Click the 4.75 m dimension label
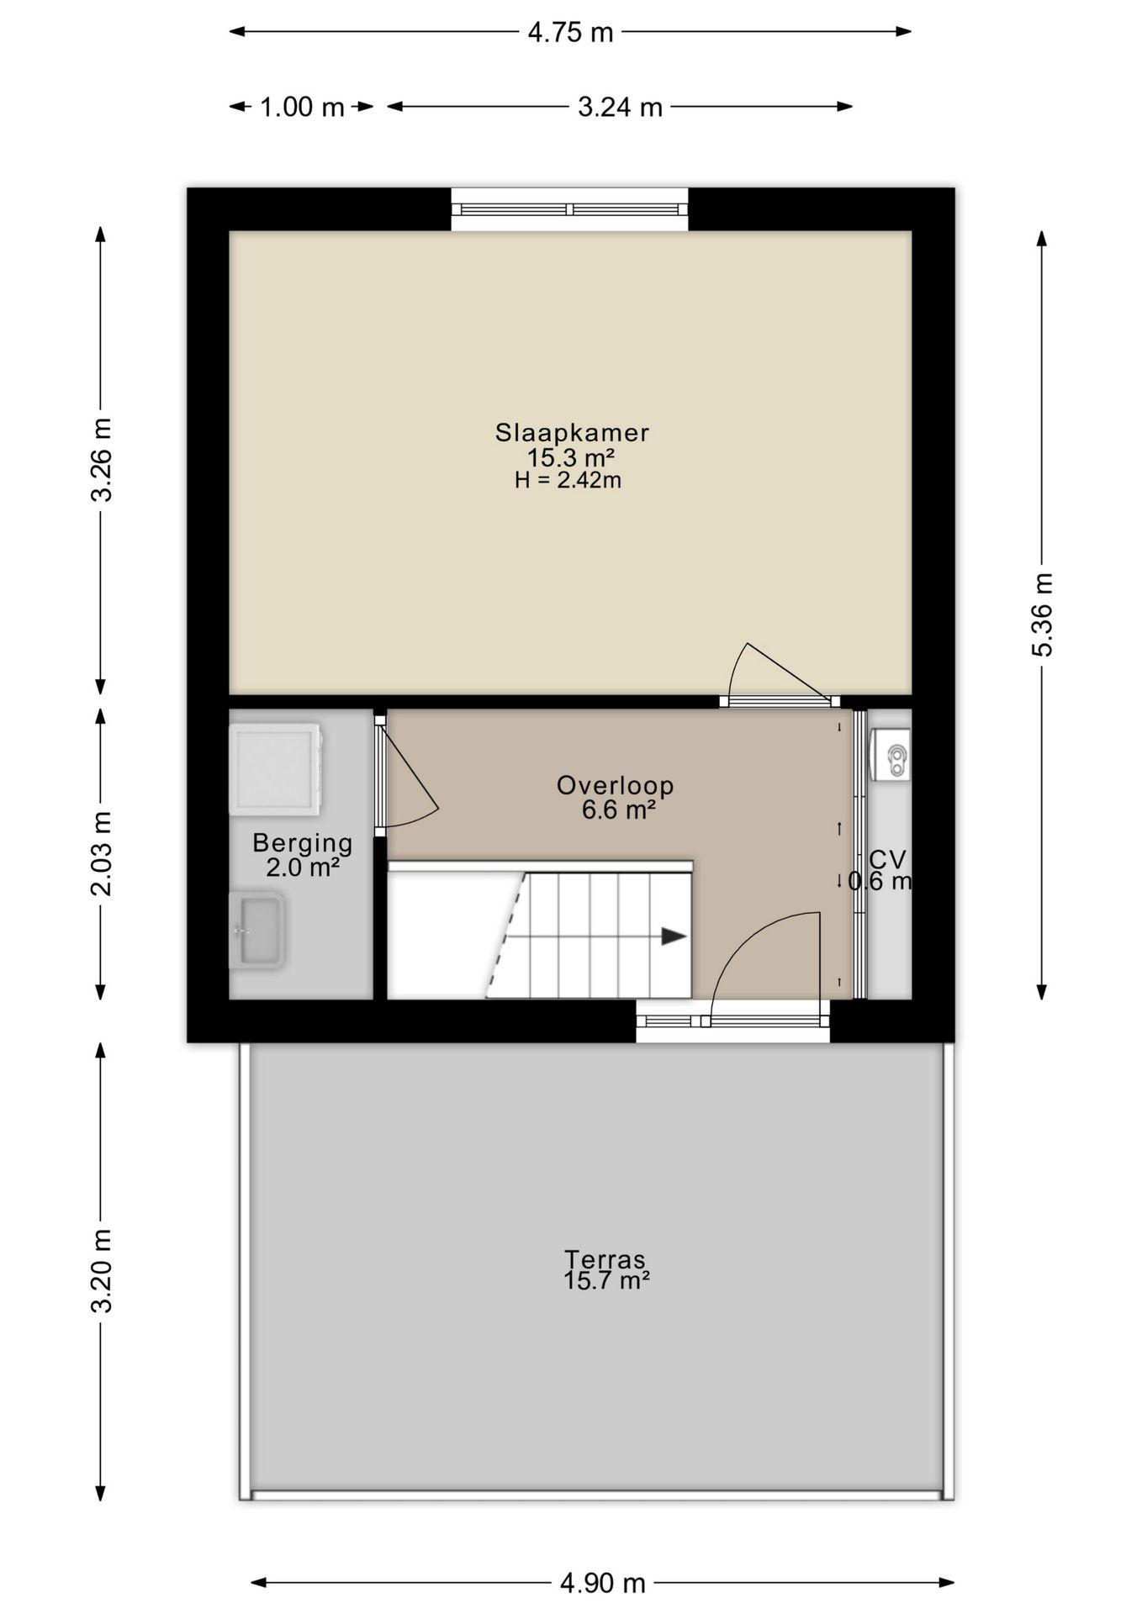tap(570, 32)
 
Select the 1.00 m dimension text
tap(302, 107)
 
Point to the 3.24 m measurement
tap(620, 107)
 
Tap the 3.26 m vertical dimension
tap(101, 459)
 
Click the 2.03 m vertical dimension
tap(101, 853)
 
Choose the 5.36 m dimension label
tap(1042, 614)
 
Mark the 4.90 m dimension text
tap(602, 1584)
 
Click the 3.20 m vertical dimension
tap(101, 1271)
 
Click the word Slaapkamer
tap(572, 433)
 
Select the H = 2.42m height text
tap(568, 481)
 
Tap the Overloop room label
tap(615, 786)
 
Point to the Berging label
tap(303, 842)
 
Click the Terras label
tap(605, 1259)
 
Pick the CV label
tap(887, 859)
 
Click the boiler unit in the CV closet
tap(891, 754)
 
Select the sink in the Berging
tap(257, 931)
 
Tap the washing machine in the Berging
tap(275, 768)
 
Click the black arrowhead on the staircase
tap(673, 936)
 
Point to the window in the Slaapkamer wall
tap(569, 209)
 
